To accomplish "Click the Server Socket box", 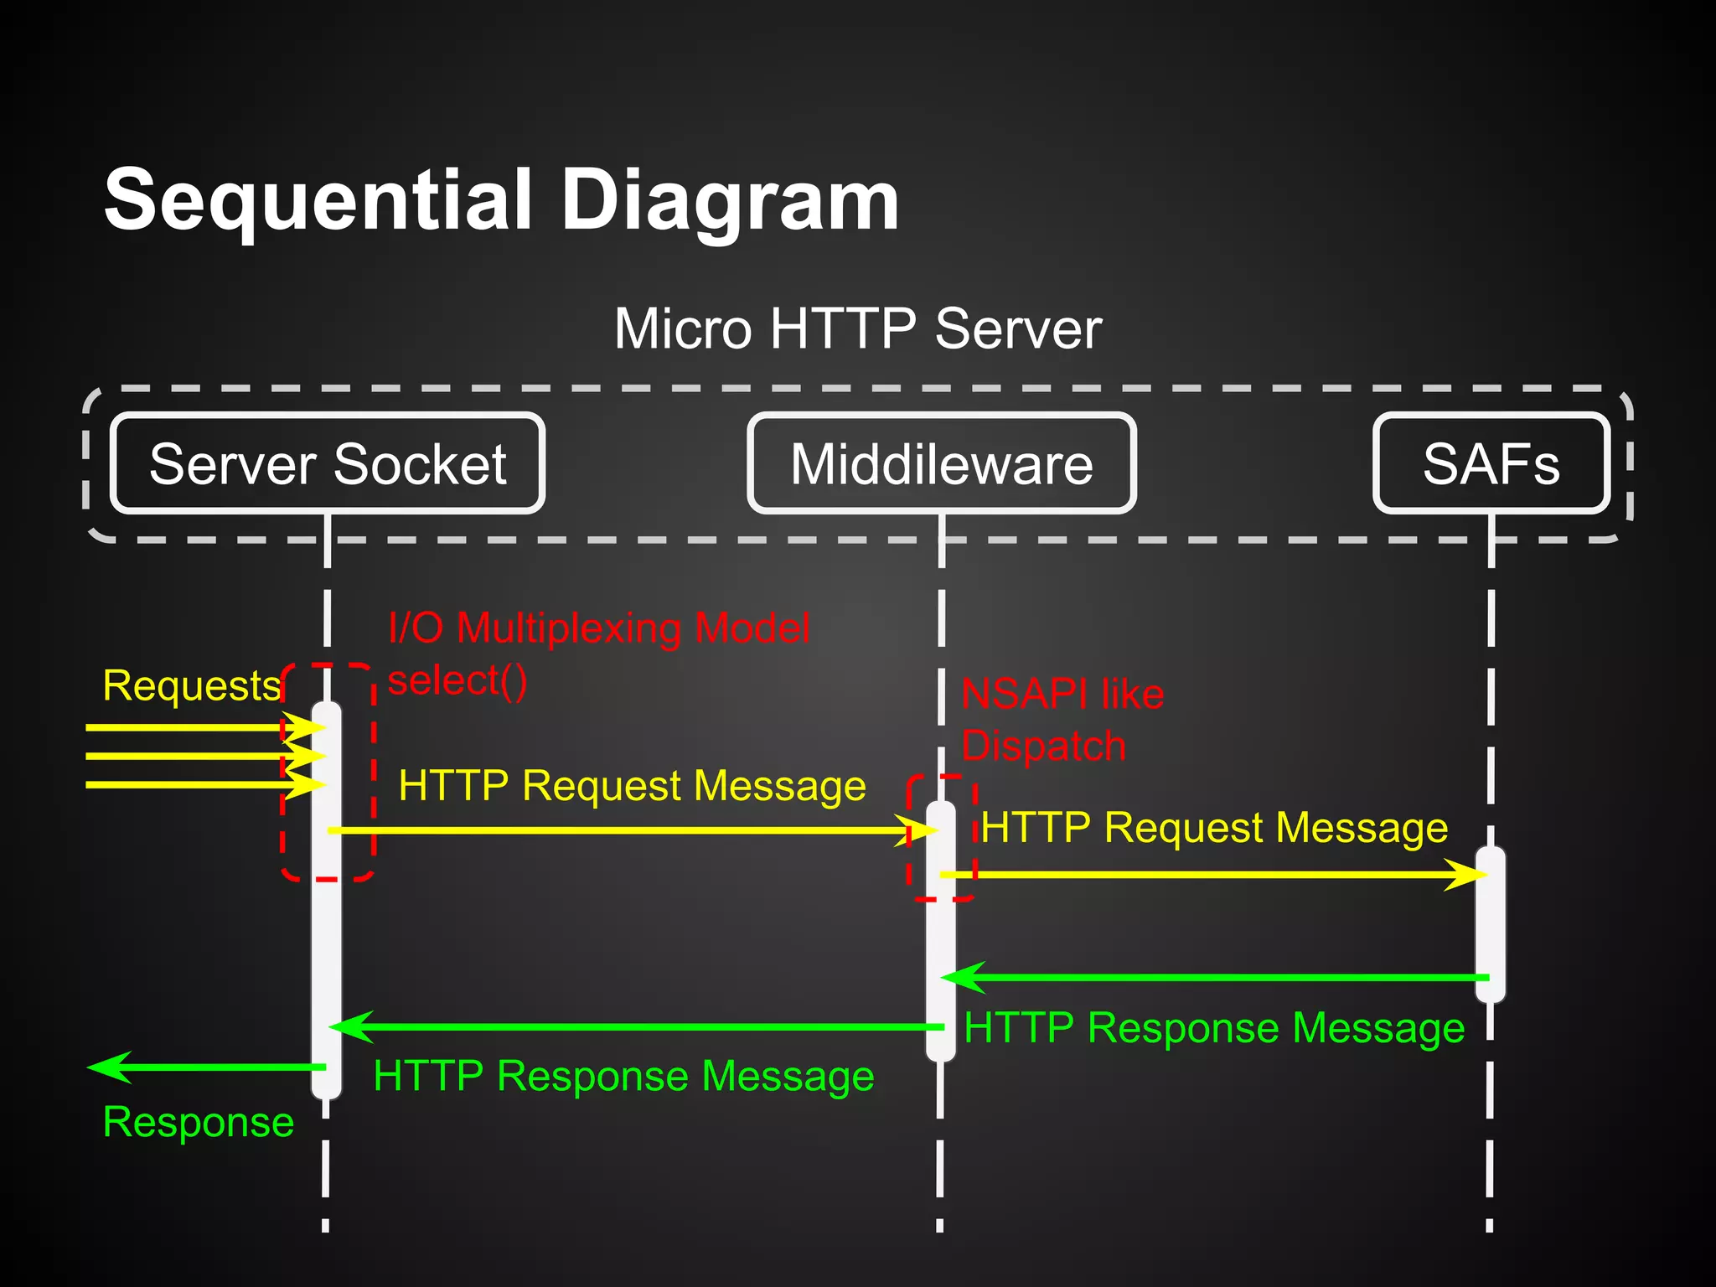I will coord(328,463).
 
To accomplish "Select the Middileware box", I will coord(941,463).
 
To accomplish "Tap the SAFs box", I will coord(1491,463).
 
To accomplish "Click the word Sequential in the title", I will coord(318,201).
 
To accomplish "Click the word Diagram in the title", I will coord(729,201).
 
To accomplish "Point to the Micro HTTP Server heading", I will coord(857,328).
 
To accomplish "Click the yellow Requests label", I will coord(191,685).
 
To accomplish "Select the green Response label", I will coord(198,1122).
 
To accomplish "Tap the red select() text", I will coord(457,680).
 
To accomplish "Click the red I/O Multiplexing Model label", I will coord(599,628).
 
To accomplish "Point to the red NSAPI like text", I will coord(1062,694).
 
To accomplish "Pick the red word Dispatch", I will coord(1043,746).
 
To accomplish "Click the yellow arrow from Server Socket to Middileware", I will coord(628,830).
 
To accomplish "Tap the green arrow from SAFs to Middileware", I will coord(1215,978).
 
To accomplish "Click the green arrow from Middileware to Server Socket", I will coord(637,1027).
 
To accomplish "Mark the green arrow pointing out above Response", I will coord(205,1067).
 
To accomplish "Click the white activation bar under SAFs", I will coord(1490,922).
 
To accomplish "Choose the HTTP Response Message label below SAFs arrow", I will coord(1214,1028).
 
